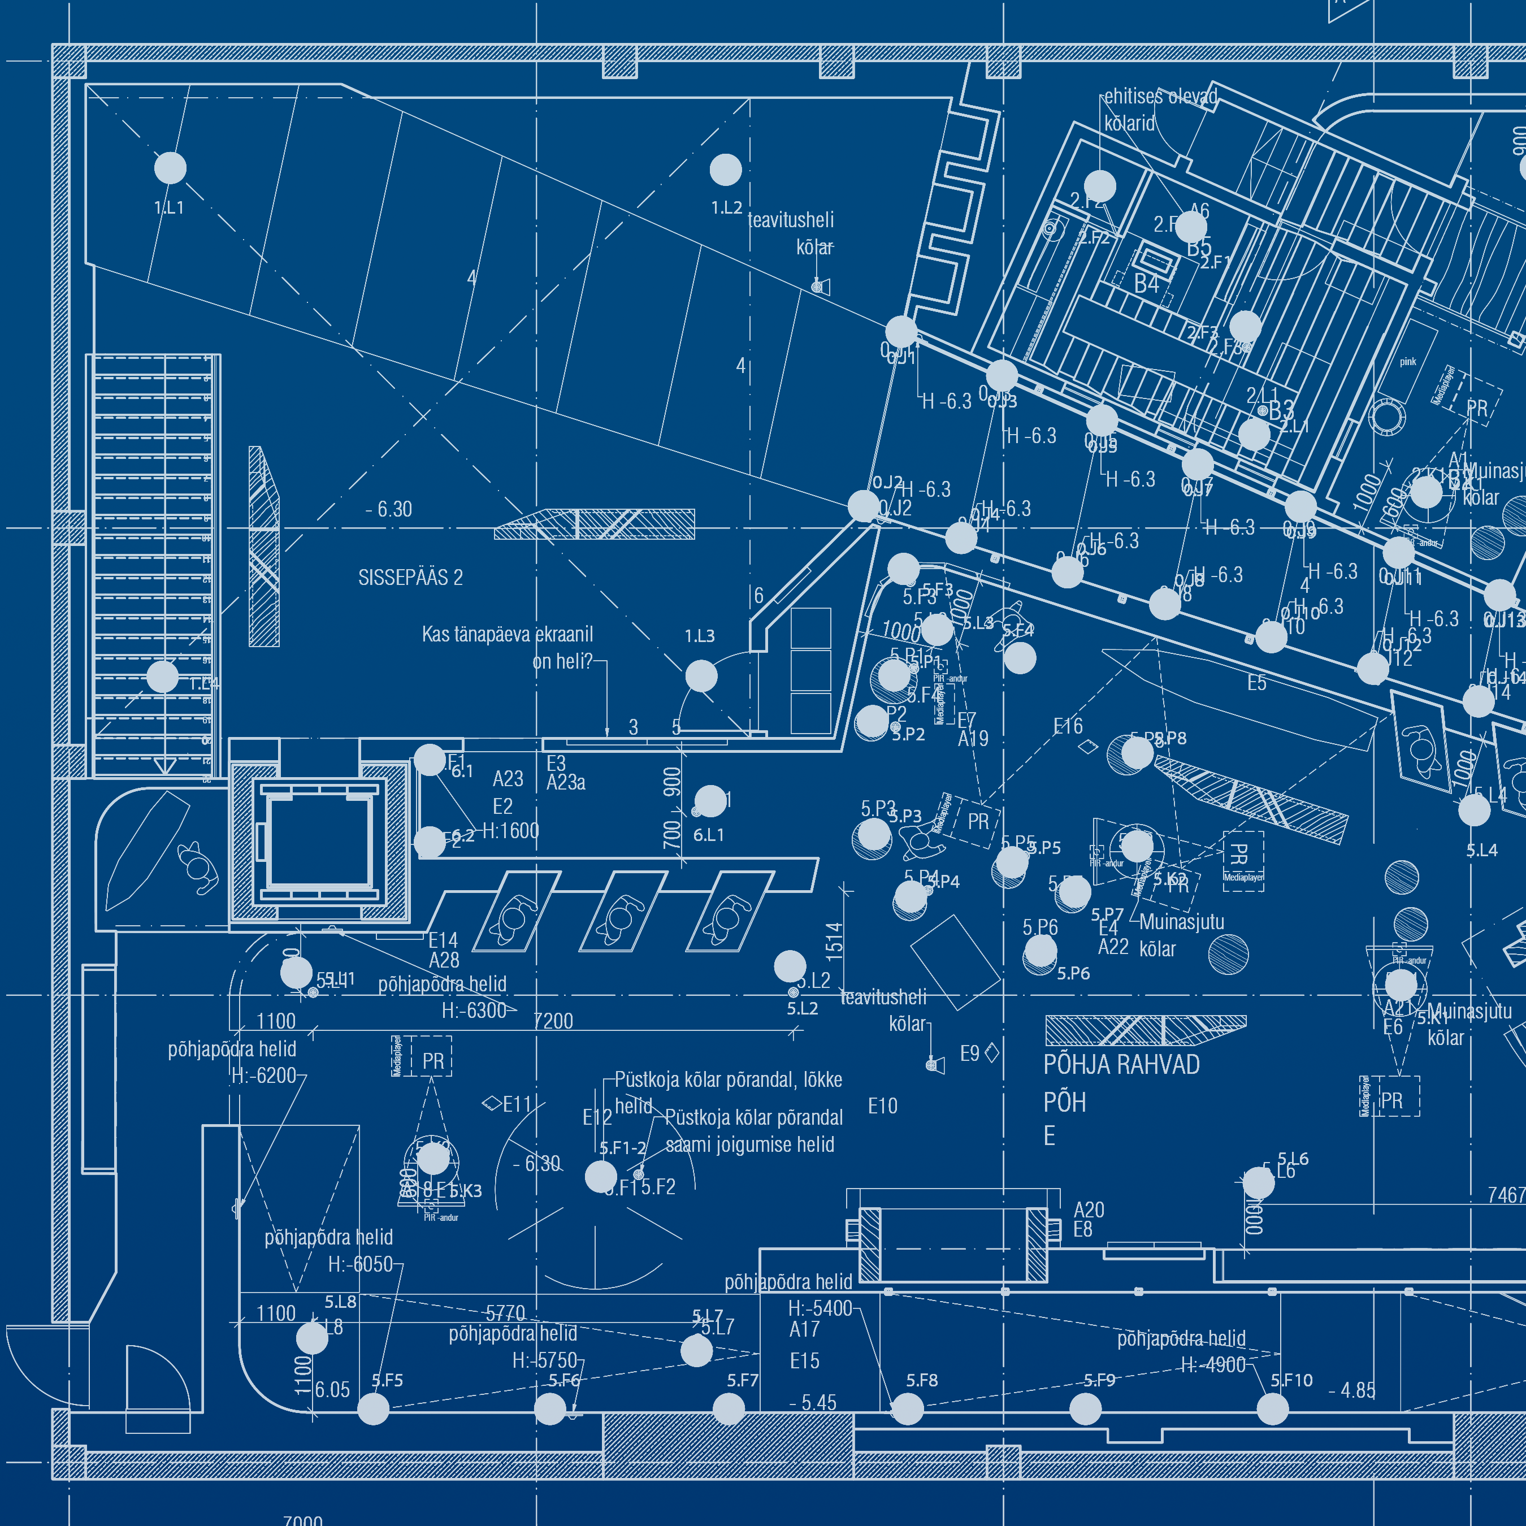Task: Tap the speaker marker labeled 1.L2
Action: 725,169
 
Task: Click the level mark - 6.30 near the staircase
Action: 389,509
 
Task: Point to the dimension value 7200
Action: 553,1021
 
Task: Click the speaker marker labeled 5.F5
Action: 374,1409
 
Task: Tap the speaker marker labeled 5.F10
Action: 1272,1409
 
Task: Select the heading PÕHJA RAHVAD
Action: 1121,1065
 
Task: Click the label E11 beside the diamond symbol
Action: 517,1104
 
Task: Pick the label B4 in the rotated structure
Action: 1146,284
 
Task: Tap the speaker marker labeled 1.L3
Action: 701,676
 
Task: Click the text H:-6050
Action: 360,1264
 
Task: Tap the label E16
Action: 1068,726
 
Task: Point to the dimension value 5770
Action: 505,1313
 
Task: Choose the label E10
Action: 882,1106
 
